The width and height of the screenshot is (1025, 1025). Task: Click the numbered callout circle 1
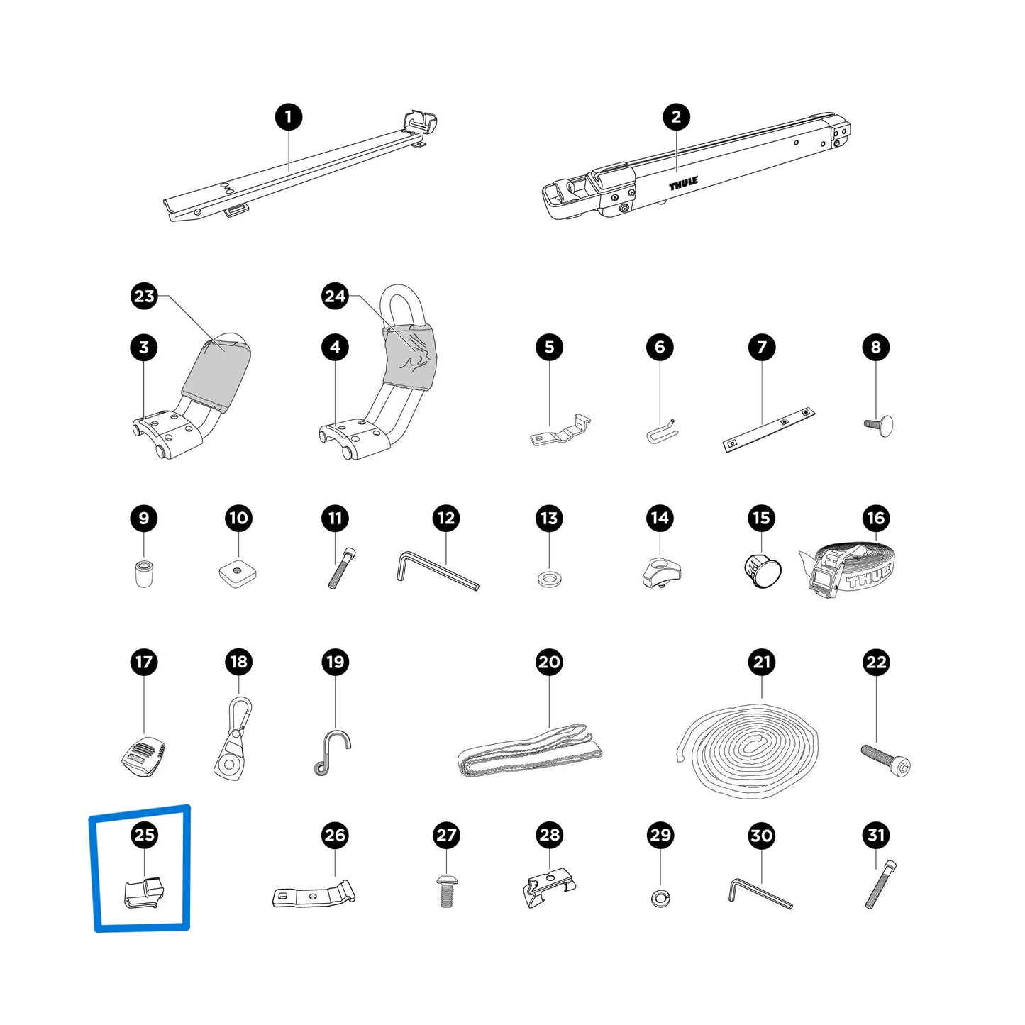click(288, 117)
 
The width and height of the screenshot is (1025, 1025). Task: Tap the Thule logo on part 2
click(683, 184)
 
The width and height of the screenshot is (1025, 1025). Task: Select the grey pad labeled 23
click(216, 375)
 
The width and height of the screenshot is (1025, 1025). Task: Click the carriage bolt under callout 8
click(877, 426)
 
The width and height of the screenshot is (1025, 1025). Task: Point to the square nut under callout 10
click(238, 572)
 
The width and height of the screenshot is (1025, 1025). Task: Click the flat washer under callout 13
click(548, 579)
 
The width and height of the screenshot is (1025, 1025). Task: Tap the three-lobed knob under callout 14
click(661, 573)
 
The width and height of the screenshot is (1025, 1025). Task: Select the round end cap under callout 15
click(763, 570)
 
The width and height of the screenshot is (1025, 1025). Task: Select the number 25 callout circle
click(144, 834)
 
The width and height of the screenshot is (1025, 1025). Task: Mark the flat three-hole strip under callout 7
click(769, 429)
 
